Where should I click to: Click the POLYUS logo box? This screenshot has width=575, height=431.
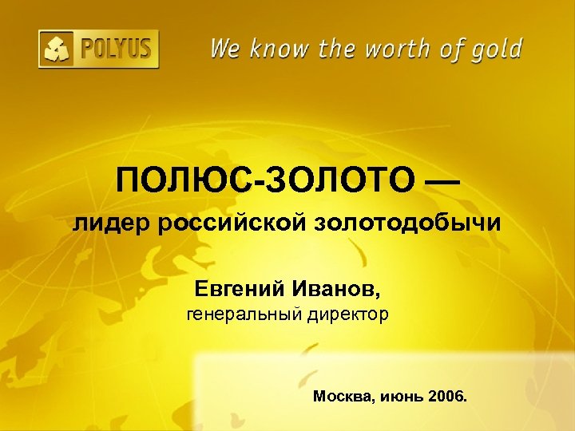(98, 49)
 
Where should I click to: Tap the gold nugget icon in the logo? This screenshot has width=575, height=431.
(58, 49)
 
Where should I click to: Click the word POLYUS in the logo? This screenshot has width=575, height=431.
(114, 49)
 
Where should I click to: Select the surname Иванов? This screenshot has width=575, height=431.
(334, 287)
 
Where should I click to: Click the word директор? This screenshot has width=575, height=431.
(346, 315)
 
